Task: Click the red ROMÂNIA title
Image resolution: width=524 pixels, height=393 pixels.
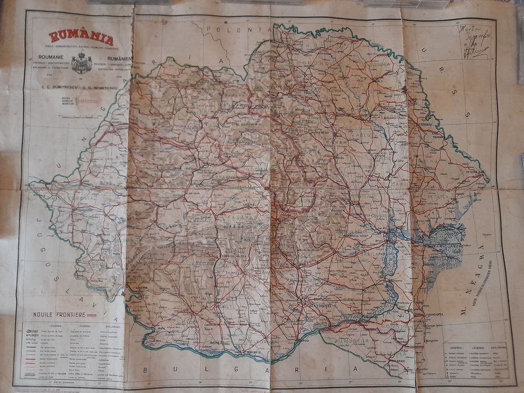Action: tap(81, 38)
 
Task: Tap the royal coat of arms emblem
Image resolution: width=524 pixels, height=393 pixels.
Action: tap(82, 62)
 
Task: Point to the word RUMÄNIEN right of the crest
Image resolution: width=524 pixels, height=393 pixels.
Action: tap(112, 58)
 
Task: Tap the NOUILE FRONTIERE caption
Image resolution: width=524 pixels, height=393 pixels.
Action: tap(59, 315)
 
